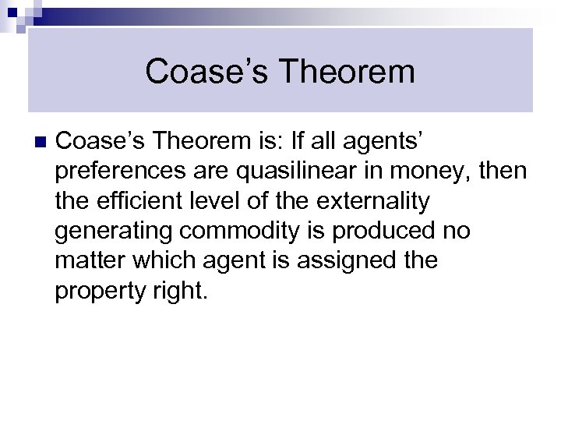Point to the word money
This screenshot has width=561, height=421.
coord(443,172)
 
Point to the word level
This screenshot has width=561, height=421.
coord(215,201)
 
